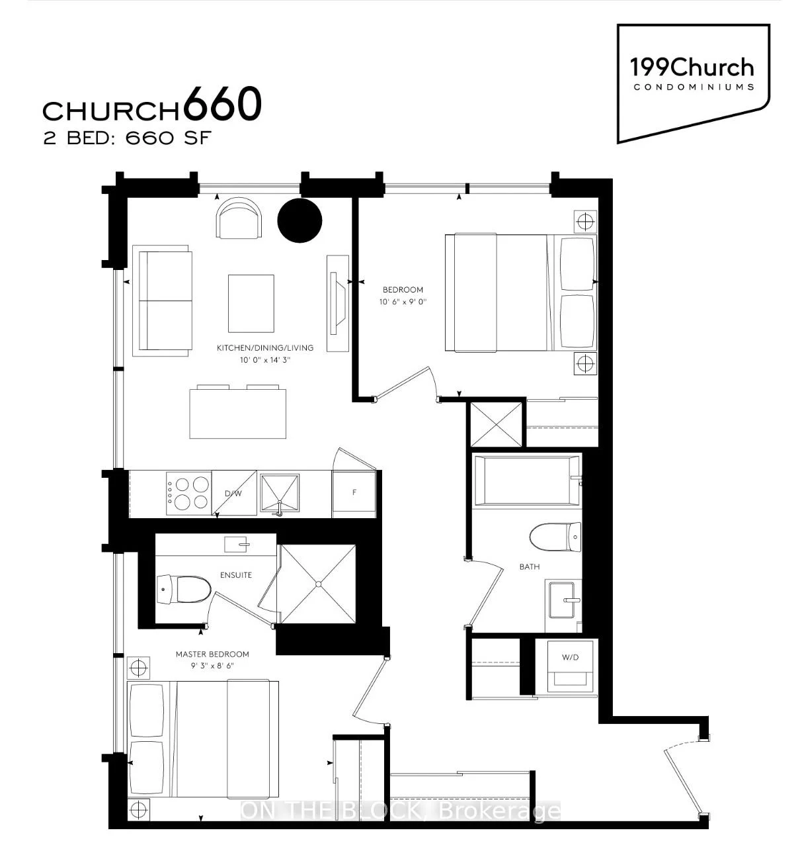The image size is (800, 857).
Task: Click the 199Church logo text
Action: point(692,68)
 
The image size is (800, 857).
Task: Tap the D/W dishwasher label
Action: point(233,493)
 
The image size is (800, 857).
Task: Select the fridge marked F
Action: point(354,494)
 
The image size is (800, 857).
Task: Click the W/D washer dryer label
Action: point(570,657)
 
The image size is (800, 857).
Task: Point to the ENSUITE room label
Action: point(236,575)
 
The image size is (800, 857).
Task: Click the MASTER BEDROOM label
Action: point(212,654)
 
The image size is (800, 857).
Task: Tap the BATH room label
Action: point(529,566)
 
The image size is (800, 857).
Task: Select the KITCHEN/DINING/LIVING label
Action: point(265,347)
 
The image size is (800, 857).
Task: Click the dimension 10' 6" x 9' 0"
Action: point(403,302)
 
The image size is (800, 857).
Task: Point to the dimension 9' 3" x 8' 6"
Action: point(212,665)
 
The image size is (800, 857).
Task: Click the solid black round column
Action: point(300,220)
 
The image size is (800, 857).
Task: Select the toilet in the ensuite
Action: point(184,590)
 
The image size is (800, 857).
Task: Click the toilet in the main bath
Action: point(555,537)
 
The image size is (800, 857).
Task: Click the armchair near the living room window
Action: point(239,218)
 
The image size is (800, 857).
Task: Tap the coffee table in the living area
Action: point(251,303)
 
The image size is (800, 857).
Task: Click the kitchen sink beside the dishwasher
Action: point(280,494)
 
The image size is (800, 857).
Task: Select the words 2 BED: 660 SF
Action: point(128,138)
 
